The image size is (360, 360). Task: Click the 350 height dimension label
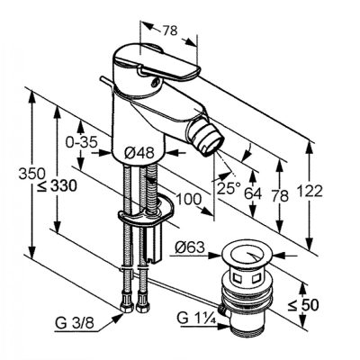coord(32,174)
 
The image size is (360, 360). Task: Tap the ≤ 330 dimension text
coord(57,186)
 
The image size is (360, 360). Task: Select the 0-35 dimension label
coord(82,142)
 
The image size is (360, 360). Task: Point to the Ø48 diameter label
coord(139,153)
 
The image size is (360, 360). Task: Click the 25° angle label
coord(229,188)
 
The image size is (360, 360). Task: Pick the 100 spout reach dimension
coord(188,199)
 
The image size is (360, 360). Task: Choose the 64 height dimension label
coord(253,193)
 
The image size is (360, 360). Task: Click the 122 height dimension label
coord(310,191)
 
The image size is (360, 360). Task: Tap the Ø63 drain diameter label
coord(190,247)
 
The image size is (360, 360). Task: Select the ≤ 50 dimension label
coord(303,305)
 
